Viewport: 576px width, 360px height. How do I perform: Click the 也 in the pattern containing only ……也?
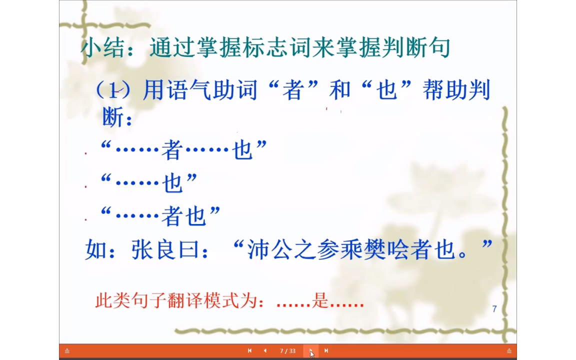172,183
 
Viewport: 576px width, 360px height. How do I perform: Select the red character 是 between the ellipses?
319,301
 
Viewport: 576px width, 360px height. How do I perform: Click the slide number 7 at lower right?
494,309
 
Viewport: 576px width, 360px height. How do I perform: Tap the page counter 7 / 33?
287,351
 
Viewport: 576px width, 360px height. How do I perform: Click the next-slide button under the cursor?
311,351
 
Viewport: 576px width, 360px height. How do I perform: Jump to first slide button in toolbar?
249,351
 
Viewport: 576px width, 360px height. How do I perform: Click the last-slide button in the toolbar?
326,351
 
